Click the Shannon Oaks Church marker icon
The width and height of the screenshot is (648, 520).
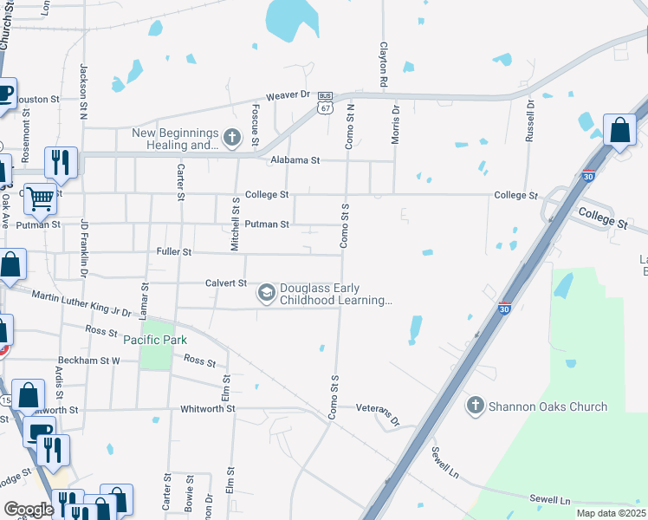tap(475, 405)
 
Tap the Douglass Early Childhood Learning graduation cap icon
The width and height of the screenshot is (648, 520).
tap(266, 295)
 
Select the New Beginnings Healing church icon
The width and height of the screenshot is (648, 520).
tap(231, 138)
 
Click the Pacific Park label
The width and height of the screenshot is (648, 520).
tap(155, 340)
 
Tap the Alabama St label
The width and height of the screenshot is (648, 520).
tap(295, 160)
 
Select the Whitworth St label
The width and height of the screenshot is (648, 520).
tap(215, 408)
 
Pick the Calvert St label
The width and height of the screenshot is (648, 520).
tap(226, 283)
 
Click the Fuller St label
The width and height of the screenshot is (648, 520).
tap(174, 252)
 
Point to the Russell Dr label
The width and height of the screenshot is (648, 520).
tap(529, 120)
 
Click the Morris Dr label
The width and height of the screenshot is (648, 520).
tap(396, 123)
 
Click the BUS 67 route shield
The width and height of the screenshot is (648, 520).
tap(325, 102)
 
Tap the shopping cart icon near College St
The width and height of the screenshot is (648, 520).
tap(40, 198)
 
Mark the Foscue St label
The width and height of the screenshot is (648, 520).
tap(256, 125)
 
